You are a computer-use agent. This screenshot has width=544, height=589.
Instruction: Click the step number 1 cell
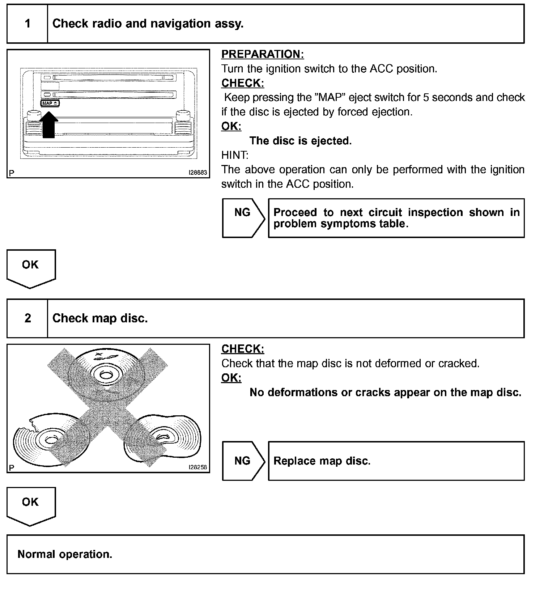27,24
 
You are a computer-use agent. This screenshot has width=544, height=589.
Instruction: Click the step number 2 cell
27,318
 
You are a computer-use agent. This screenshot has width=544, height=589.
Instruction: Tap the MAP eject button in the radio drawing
50,103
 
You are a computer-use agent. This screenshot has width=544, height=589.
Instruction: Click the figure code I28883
198,173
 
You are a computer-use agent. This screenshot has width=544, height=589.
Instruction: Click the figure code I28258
198,467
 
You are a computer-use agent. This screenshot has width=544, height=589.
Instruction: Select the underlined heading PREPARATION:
263,54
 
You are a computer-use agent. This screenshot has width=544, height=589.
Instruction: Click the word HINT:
235,155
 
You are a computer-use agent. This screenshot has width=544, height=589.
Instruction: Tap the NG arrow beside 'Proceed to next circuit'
243,218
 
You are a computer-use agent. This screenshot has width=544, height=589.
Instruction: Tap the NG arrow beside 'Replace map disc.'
243,461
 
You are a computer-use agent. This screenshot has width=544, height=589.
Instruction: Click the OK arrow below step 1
31,268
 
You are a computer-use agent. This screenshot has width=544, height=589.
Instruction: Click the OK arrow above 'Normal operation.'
31,505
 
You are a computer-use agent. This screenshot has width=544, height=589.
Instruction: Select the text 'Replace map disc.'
322,461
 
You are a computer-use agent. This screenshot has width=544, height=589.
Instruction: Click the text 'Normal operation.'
65,554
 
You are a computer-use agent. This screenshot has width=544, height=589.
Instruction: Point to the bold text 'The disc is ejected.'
301,141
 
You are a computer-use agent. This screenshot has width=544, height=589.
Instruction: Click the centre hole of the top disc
106,375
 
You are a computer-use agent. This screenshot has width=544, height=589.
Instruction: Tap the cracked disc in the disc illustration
40,440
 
